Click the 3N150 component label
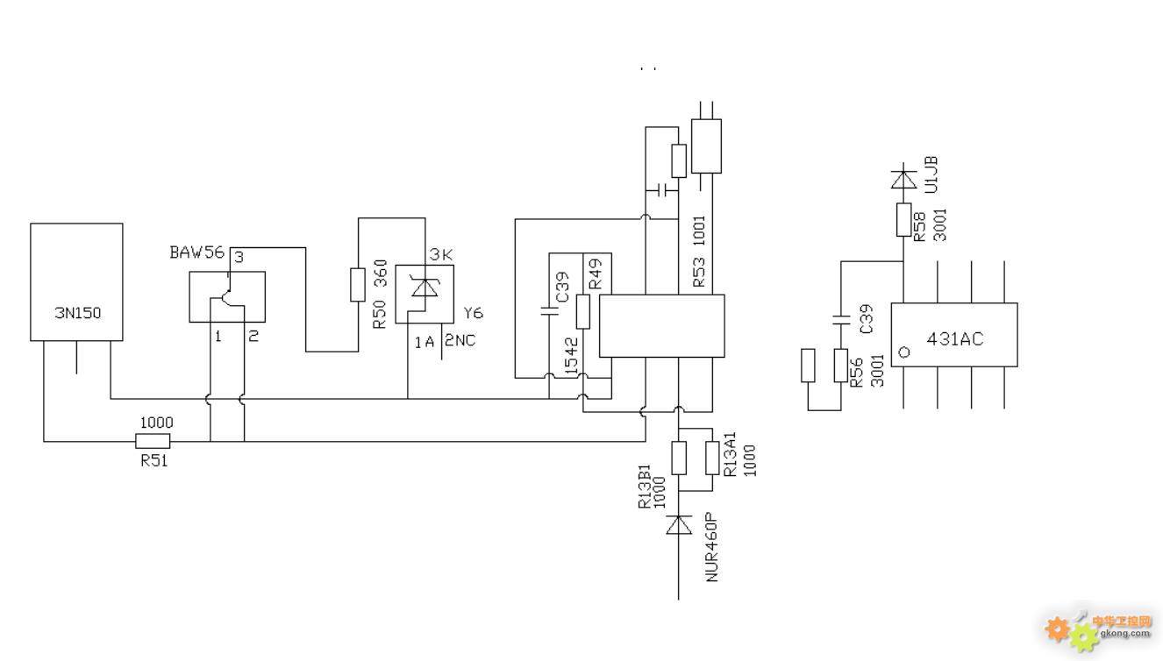pos(78,313)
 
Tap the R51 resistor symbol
pos(153,441)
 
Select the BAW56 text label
pos(196,252)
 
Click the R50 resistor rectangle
pos(358,284)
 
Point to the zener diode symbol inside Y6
pos(425,288)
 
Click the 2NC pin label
pos(460,340)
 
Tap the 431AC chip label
pos(955,338)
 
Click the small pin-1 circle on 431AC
pos(904,352)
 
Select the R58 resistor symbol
pos(904,220)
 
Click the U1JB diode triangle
pos(903,180)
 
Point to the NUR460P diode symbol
pos(679,524)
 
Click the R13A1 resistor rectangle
pos(712,458)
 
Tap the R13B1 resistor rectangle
pos(679,458)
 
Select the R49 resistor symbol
pos(583,312)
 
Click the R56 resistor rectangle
pos(841,366)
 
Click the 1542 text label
pos(571,357)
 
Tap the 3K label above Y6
pos(441,255)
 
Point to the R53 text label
pos(699,272)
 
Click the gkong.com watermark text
pos(1124,633)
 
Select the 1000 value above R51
pos(157,423)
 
